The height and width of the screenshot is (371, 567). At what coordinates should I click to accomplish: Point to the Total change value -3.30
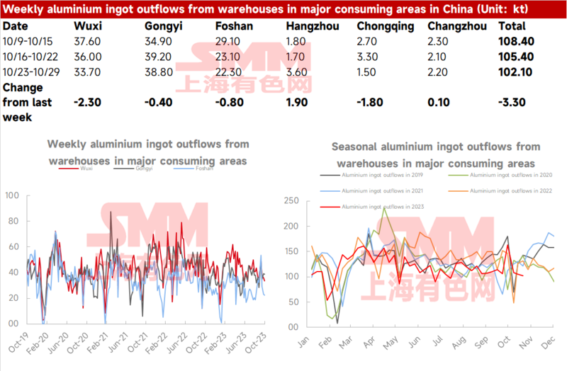pyautogui.click(x=512, y=102)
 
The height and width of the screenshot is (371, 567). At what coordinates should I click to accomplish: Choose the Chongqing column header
pyautogui.click(x=383, y=25)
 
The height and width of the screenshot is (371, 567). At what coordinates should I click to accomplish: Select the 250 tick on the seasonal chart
pyautogui.click(x=291, y=201)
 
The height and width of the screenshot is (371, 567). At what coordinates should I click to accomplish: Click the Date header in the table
pyautogui.click(x=16, y=25)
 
